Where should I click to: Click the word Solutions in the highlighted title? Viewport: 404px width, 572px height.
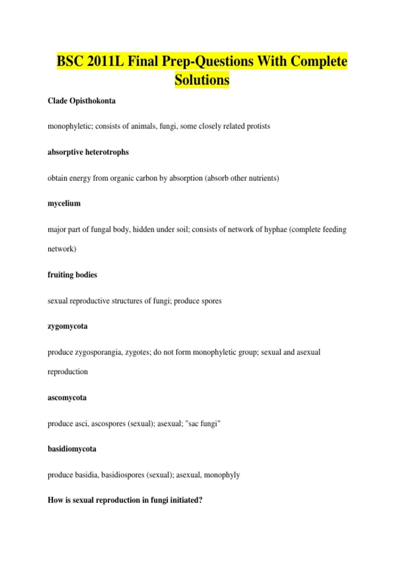click(202, 80)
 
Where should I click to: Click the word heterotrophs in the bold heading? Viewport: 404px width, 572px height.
click(107, 152)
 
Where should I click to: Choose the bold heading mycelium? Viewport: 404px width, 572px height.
click(64, 204)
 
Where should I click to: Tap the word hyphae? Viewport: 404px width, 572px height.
click(275, 229)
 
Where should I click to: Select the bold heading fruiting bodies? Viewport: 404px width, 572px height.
click(72, 275)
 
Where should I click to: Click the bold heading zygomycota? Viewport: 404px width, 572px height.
click(67, 326)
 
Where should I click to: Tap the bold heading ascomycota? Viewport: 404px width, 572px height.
click(67, 398)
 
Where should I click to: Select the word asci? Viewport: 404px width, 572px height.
click(82, 424)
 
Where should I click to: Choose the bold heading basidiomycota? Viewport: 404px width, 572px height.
click(72, 449)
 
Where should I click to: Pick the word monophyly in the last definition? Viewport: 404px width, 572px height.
click(222, 475)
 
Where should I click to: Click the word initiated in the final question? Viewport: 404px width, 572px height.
click(186, 500)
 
